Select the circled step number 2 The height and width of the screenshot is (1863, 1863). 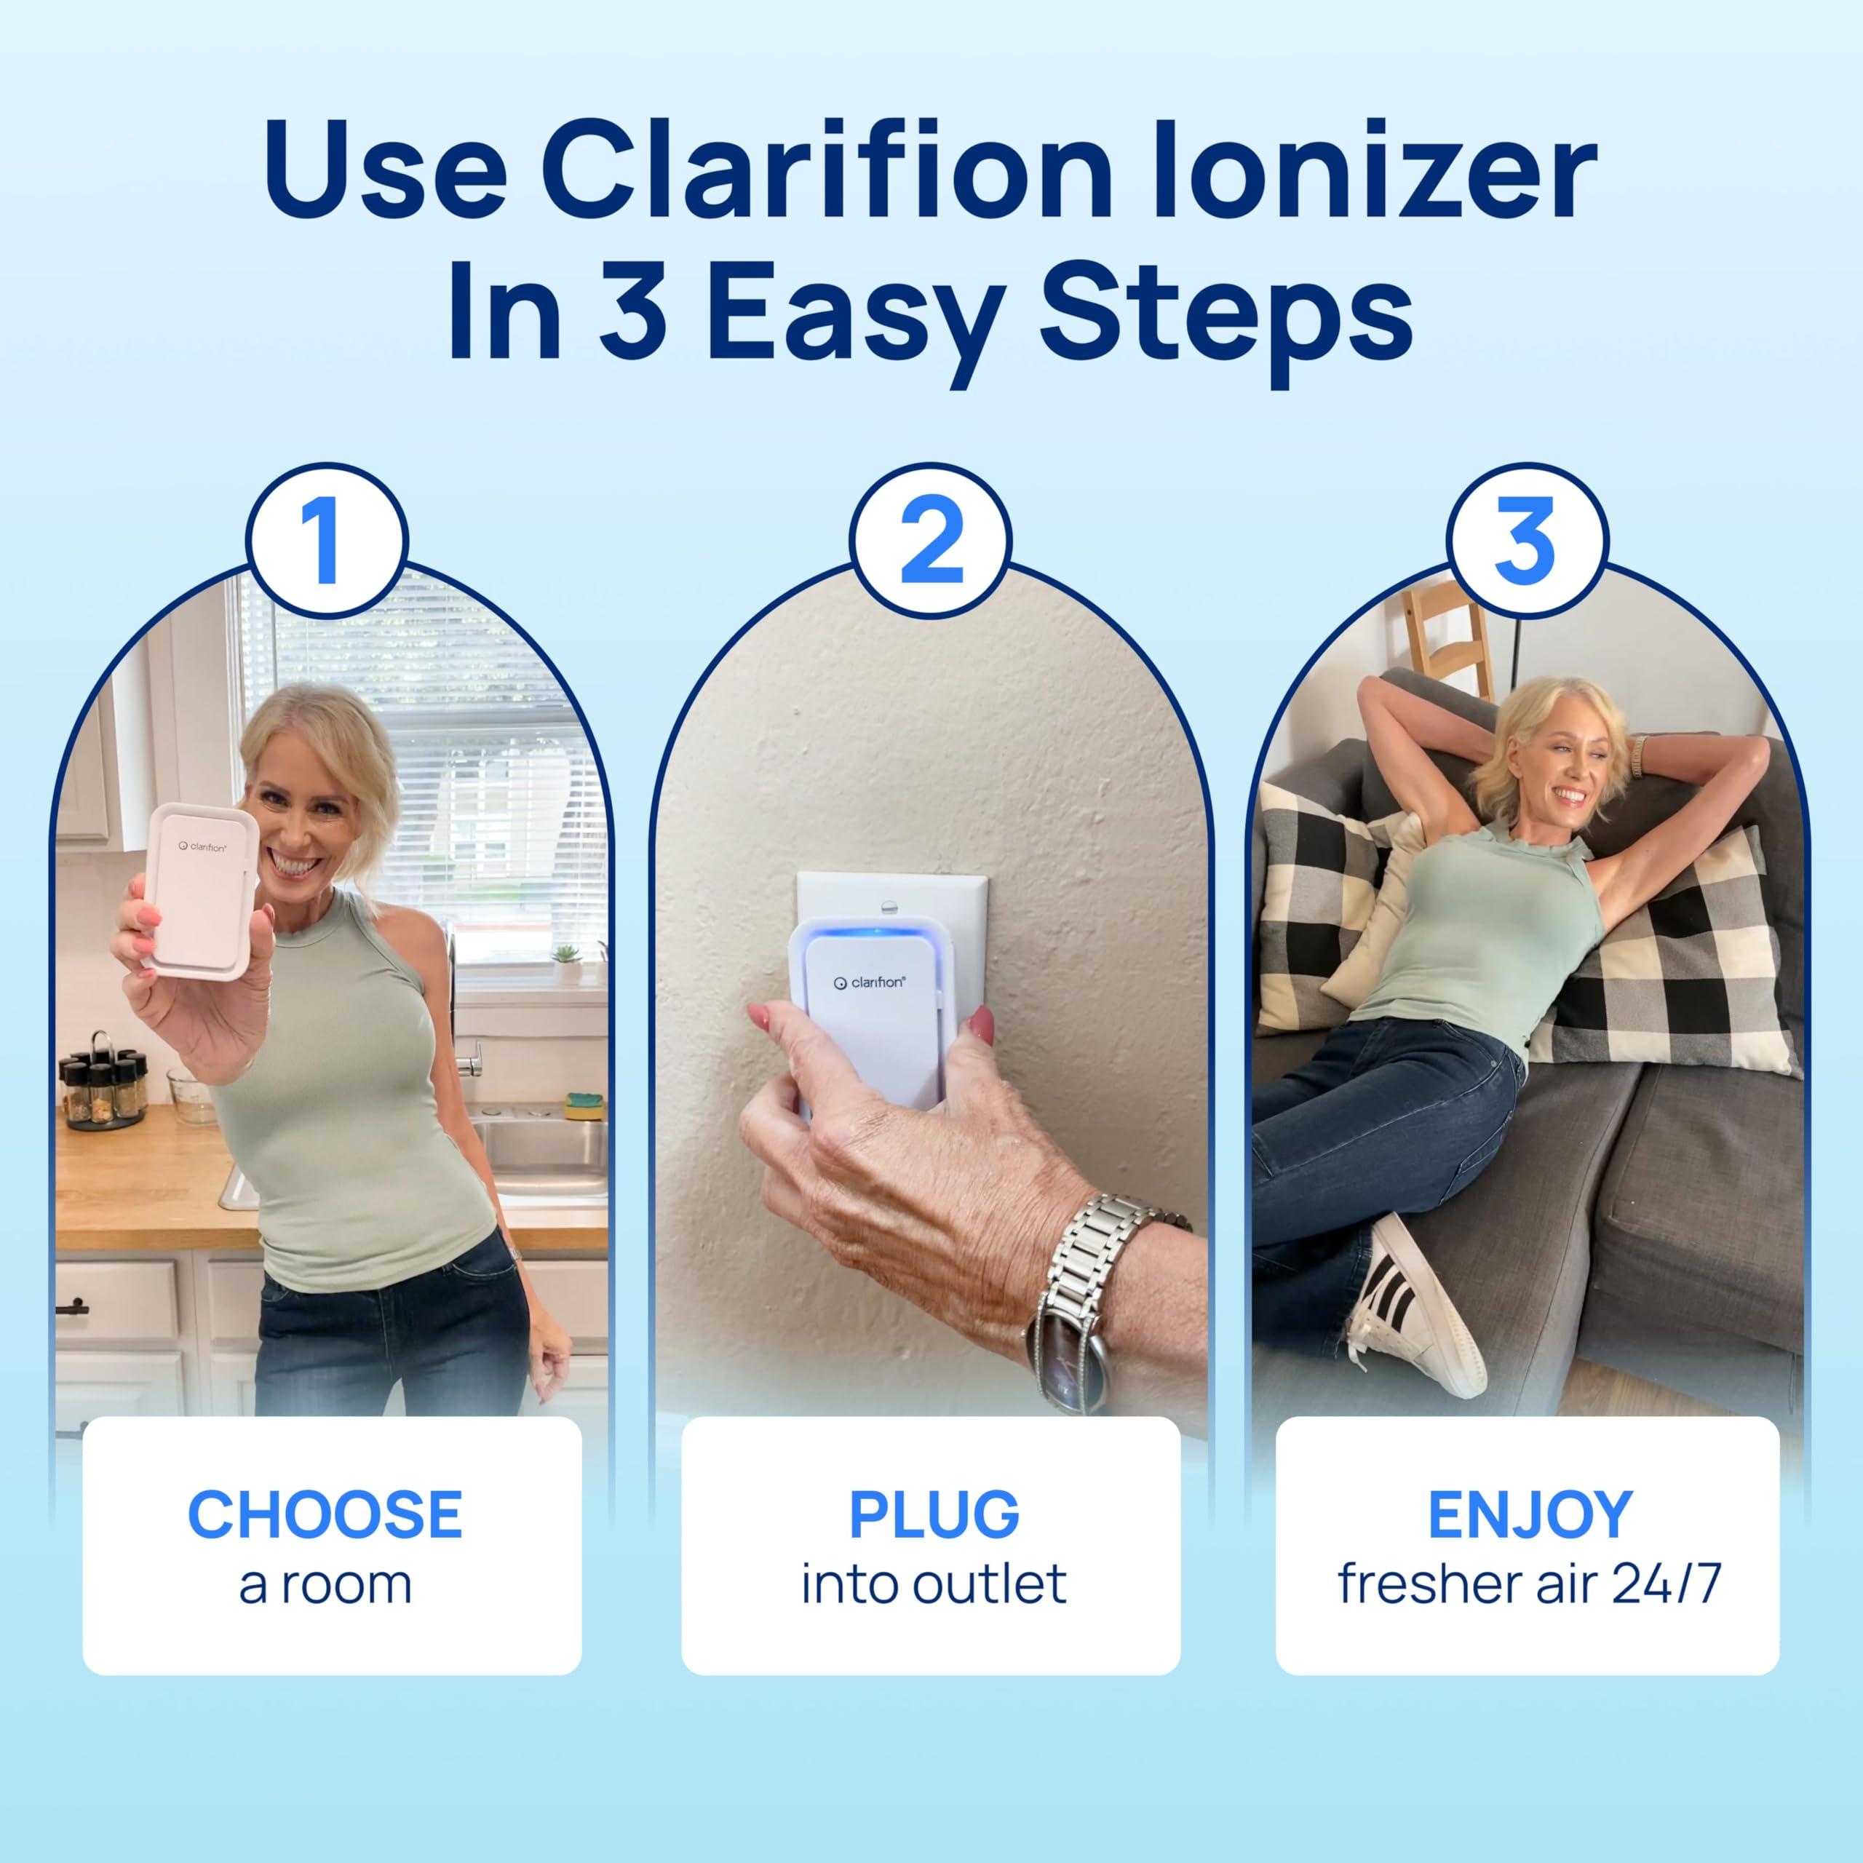[x=931, y=542]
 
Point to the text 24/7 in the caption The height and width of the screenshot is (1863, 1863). [x=1665, y=1584]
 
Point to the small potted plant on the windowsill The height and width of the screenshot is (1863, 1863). [x=567, y=961]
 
